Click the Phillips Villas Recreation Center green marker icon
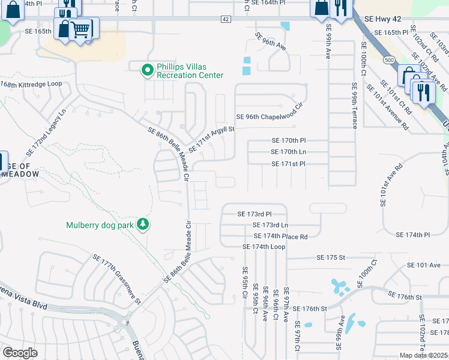click(147, 71)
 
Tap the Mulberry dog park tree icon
click(142, 225)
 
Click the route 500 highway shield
click(390, 60)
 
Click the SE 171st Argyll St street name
click(211, 139)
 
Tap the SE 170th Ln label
click(289, 152)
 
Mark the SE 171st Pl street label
click(289, 163)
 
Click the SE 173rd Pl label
click(255, 214)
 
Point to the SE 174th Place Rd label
click(280, 236)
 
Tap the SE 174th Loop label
click(264, 247)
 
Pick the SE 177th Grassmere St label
click(116, 278)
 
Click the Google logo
click(20, 353)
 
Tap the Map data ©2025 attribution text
click(424, 355)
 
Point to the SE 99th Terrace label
click(355, 106)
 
